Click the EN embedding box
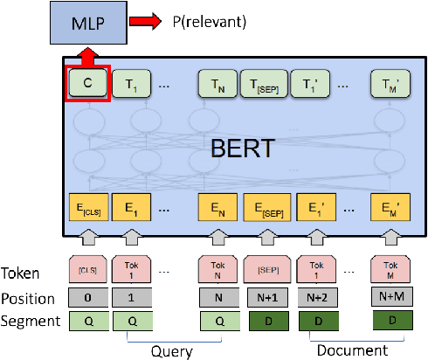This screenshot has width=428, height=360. coord(218,211)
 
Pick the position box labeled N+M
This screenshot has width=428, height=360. coord(390,298)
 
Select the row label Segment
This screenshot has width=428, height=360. coord(30,321)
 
